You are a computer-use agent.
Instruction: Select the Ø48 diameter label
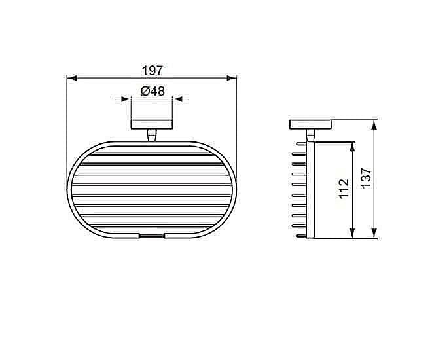153,92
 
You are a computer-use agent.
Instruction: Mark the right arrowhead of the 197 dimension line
232,79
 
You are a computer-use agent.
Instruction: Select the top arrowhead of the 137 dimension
374,124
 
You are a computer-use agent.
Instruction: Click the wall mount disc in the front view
152,124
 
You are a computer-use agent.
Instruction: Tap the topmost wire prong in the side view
301,142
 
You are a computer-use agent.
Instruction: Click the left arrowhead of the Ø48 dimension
128,100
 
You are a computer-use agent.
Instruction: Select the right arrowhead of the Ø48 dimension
177,100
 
